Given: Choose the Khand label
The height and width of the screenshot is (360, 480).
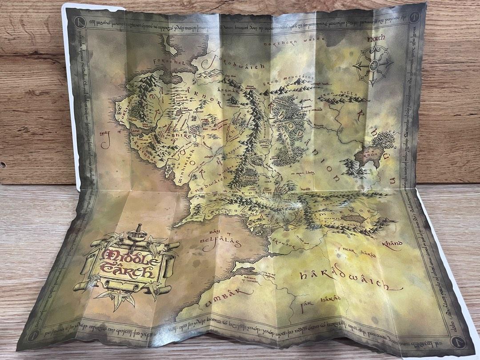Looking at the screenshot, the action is point(391,244).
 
